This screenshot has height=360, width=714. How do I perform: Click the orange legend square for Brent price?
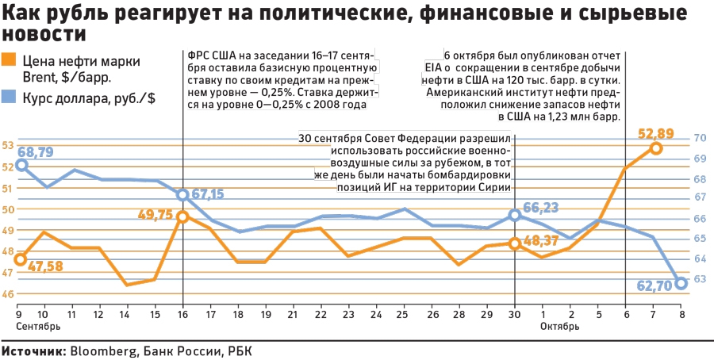coord(9,59)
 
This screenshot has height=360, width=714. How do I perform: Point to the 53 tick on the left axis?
coord(8,146)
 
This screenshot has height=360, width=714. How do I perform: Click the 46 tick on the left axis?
coord(8,294)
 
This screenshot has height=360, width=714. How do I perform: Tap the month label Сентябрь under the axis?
coord(38,326)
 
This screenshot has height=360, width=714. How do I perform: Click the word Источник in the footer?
coord(34,350)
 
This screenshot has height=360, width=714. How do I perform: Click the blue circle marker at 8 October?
coord(681,283)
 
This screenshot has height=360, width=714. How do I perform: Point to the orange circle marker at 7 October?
coord(655,148)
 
